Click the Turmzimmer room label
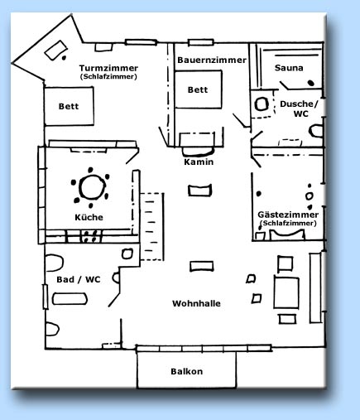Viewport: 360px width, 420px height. (x=108, y=68)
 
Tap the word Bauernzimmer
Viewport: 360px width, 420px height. (x=212, y=60)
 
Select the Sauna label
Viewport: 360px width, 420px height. (x=289, y=68)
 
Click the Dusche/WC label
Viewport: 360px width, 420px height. (x=299, y=109)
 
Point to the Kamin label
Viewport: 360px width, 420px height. (x=199, y=162)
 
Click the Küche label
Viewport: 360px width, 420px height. (x=89, y=217)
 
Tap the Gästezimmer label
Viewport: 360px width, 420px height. (x=288, y=215)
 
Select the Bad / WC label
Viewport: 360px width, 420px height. (x=79, y=279)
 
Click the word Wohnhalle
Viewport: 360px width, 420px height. (x=196, y=303)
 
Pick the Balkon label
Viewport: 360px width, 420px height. (x=187, y=371)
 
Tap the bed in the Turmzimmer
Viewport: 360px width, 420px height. (x=69, y=106)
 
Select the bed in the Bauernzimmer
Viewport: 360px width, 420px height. (x=198, y=89)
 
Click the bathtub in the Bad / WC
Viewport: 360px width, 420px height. (x=70, y=299)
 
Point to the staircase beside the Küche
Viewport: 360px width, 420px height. (x=152, y=226)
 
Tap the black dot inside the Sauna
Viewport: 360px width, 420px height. (x=311, y=83)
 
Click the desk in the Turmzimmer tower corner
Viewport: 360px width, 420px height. (x=56, y=50)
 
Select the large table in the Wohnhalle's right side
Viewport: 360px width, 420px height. (x=286, y=292)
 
